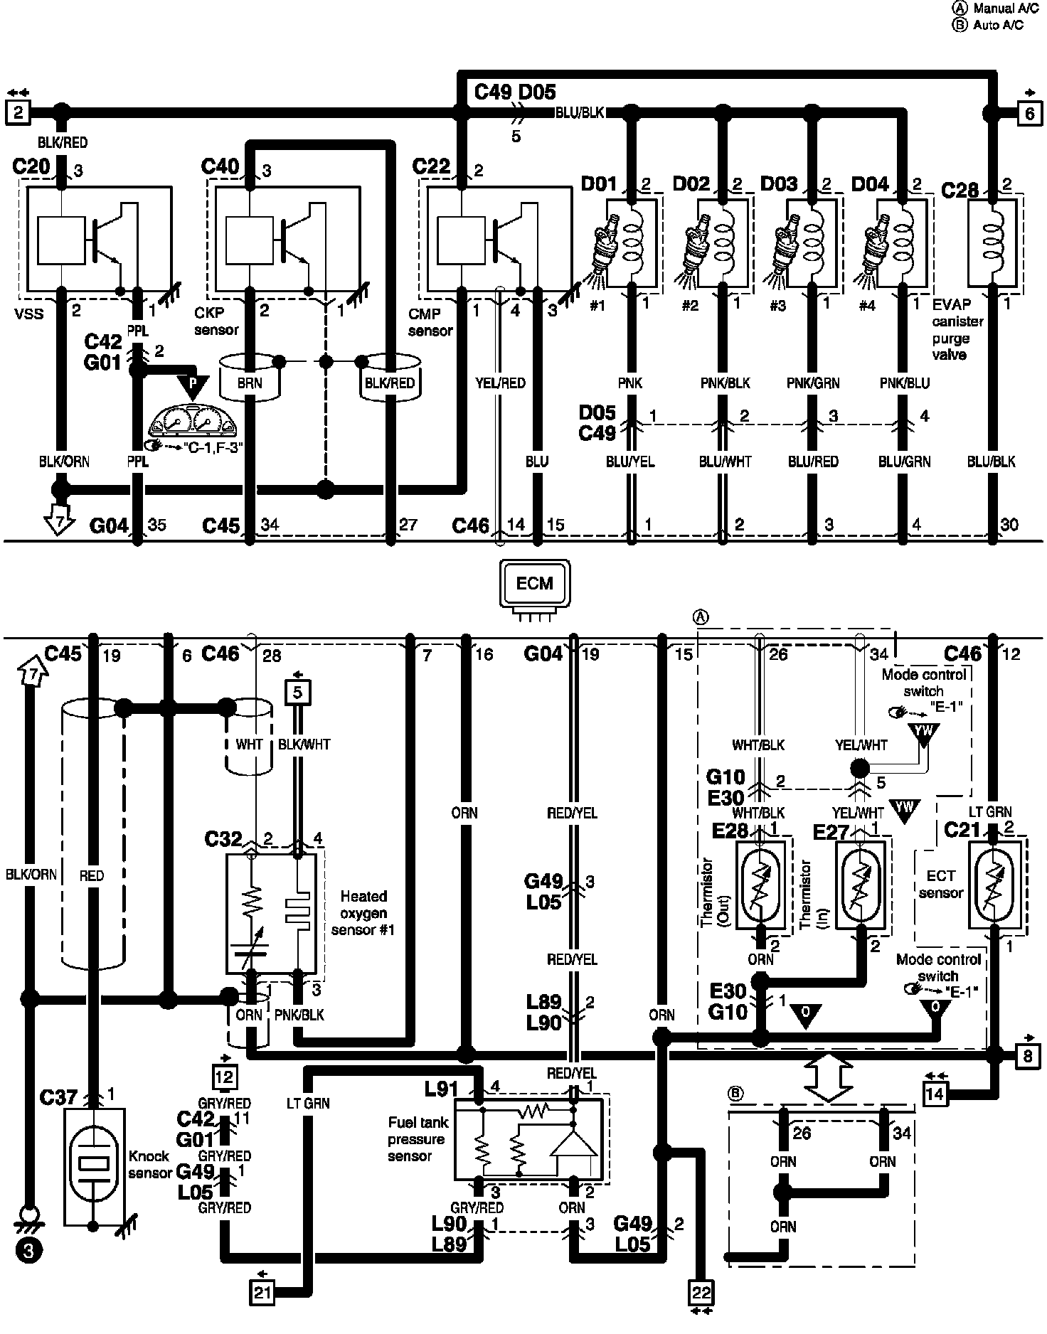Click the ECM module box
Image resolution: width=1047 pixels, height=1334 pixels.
(x=535, y=583)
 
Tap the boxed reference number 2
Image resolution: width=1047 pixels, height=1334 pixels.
(x=18, y=112)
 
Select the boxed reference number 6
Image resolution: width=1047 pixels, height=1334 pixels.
(x=1030, y=113)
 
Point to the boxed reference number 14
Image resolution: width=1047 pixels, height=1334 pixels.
(x=935, y=1093)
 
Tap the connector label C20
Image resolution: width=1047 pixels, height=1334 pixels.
(x=31, y=167)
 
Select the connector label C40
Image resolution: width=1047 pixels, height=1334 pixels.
(x=220, y=167)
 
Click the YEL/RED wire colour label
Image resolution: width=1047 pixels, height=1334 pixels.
(x=500, y=383)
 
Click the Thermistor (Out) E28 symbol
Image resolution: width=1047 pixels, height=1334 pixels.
(x=761, y=884)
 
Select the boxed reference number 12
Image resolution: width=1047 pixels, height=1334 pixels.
(x=225, y=1077)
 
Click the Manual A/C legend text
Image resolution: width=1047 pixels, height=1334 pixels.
(x=999, y=9)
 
